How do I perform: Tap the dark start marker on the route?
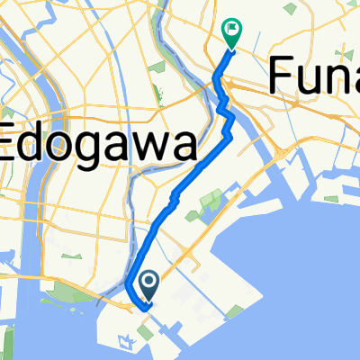coord(148,286)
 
